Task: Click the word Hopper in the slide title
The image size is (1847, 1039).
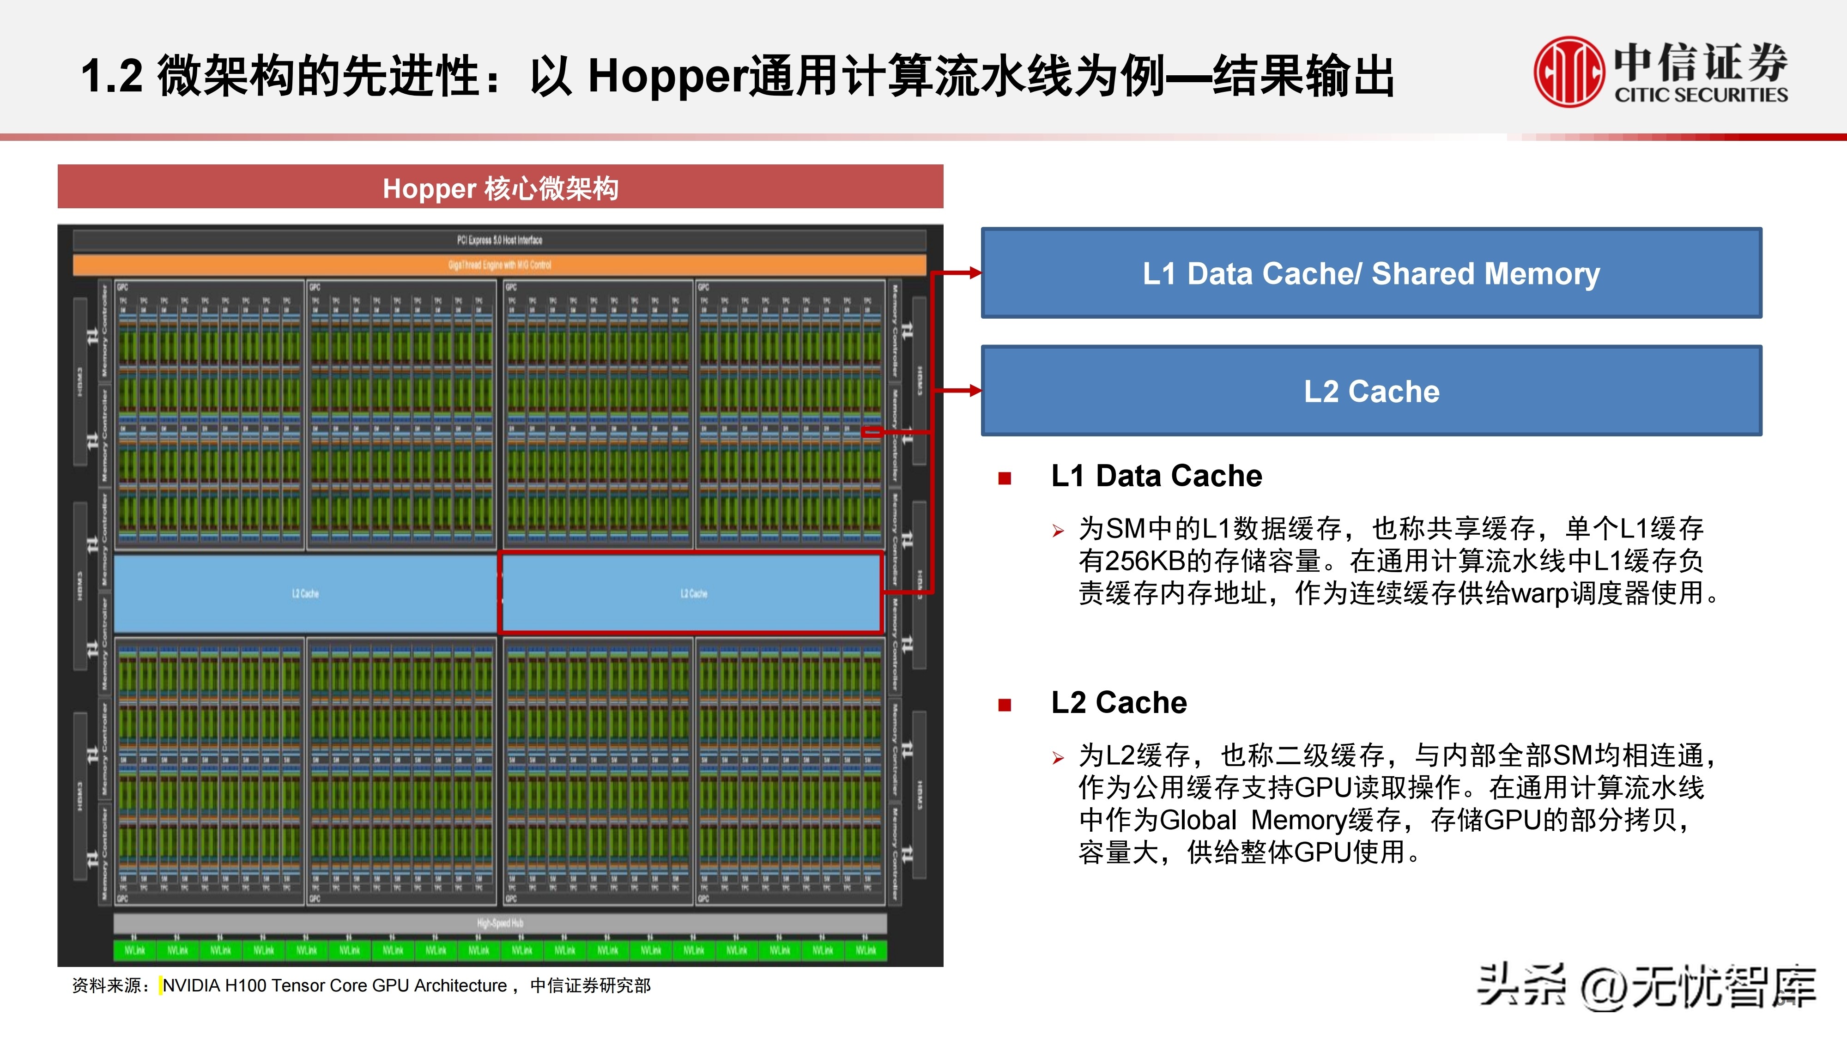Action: (667, 77)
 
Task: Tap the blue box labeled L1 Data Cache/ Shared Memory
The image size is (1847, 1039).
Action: (1371, 273)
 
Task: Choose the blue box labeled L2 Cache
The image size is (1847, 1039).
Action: (1371, 391)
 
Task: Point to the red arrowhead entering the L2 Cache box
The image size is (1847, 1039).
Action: (974, 390)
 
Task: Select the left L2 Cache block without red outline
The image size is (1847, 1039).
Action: (305, 593)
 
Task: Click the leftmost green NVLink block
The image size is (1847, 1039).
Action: (135, 951)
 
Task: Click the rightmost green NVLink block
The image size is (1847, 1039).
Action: (866, 951)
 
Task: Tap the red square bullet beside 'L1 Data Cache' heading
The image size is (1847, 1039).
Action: (1005, 478)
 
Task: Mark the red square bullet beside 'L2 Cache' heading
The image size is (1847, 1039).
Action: (1005, 705)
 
